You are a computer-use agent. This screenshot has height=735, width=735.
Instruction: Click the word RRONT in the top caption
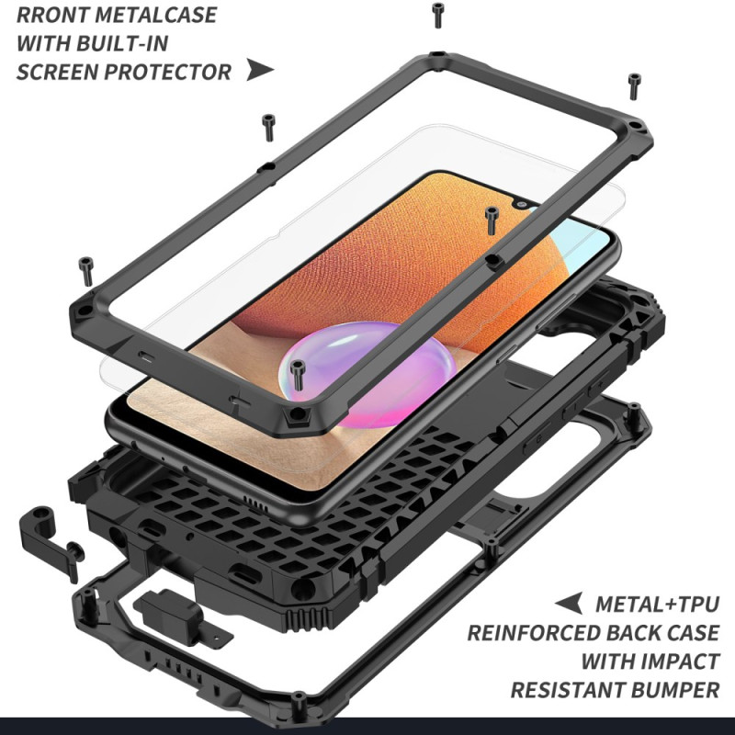53,15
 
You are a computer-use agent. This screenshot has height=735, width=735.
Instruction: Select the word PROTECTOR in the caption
167,72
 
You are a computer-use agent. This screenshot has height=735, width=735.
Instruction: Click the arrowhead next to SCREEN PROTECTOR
259,70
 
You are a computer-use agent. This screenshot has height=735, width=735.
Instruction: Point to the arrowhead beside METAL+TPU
569,603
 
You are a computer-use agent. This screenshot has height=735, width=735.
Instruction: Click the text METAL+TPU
657,605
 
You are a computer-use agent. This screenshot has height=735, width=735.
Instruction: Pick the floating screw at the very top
438,15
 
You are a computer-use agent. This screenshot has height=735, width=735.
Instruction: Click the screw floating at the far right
634,86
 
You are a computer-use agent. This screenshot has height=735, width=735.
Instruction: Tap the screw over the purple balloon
297,375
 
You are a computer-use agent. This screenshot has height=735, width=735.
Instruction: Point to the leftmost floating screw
85,271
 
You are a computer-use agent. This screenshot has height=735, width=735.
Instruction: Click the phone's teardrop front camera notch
521,204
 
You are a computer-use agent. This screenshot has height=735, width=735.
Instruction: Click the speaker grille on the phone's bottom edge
255,503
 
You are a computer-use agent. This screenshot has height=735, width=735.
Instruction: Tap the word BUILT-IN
122,43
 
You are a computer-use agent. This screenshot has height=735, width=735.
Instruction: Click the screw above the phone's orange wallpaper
491,220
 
